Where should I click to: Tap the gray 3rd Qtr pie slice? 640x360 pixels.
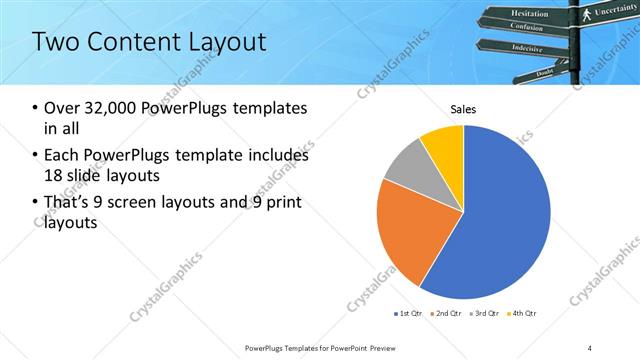(x=408, y=165)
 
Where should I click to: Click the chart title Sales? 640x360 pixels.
(x=463, y=109)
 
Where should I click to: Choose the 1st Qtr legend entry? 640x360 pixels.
(x=408, y=313)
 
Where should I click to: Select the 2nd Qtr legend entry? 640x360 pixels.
(x=446, y=313)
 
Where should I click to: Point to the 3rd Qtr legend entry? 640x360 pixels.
(x=484, y=313)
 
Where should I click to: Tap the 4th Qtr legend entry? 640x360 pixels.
(x=522, y=313)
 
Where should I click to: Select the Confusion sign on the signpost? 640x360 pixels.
(x=526, y=28)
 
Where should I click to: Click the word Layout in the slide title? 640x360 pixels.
(x=227, y=42)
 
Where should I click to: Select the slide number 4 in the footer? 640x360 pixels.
(x=590, y=347)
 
